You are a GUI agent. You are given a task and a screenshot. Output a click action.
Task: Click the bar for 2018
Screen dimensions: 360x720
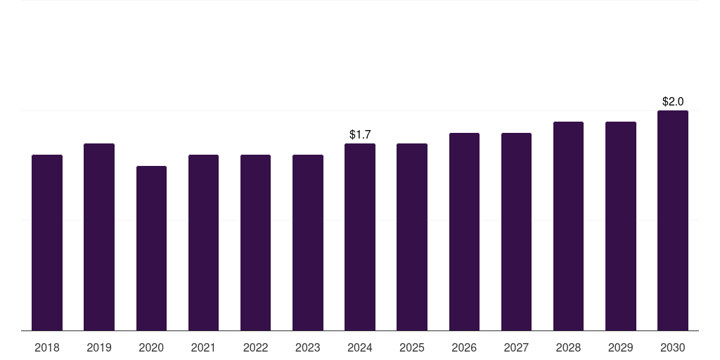(47, 243)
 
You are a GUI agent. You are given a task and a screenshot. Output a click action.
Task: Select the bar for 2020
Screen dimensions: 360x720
(151, 248)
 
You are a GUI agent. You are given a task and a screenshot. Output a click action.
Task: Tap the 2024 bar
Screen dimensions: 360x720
(360, 237)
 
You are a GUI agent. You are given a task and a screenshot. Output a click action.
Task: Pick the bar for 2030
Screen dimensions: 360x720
(673, 220)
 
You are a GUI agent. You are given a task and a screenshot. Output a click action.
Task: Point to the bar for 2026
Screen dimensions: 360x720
(464, 231)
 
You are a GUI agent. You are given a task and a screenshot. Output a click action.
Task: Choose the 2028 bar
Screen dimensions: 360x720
(568, 226)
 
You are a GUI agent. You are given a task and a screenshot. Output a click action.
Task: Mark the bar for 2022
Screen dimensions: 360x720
(255, 243)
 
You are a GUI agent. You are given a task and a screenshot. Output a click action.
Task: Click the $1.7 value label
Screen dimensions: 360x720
(360, 134)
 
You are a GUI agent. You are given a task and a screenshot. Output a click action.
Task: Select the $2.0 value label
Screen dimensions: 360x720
(673, 101)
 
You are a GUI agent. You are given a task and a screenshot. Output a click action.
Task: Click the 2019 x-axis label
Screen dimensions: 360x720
(99, 347)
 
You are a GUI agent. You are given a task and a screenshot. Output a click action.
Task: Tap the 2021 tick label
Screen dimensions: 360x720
(203, 347)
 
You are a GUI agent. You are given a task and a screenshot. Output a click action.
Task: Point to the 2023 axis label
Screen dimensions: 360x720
(307, 347)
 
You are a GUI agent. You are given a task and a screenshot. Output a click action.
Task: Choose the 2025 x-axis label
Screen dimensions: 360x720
(412, 347)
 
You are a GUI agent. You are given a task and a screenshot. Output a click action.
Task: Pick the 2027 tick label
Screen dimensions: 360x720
(516, 347)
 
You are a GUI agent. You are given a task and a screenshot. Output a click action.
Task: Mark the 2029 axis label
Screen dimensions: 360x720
(620, 347)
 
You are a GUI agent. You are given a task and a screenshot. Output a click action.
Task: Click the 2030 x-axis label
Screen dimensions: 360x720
(673, 347)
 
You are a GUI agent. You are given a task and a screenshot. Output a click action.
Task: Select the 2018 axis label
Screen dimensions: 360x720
(47, 347)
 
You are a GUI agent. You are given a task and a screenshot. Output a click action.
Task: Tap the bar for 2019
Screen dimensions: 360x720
(99, 237)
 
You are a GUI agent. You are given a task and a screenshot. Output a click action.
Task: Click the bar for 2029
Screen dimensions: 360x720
(620, 226)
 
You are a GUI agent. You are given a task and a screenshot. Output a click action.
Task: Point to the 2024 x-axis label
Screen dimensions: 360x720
(360, 347)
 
